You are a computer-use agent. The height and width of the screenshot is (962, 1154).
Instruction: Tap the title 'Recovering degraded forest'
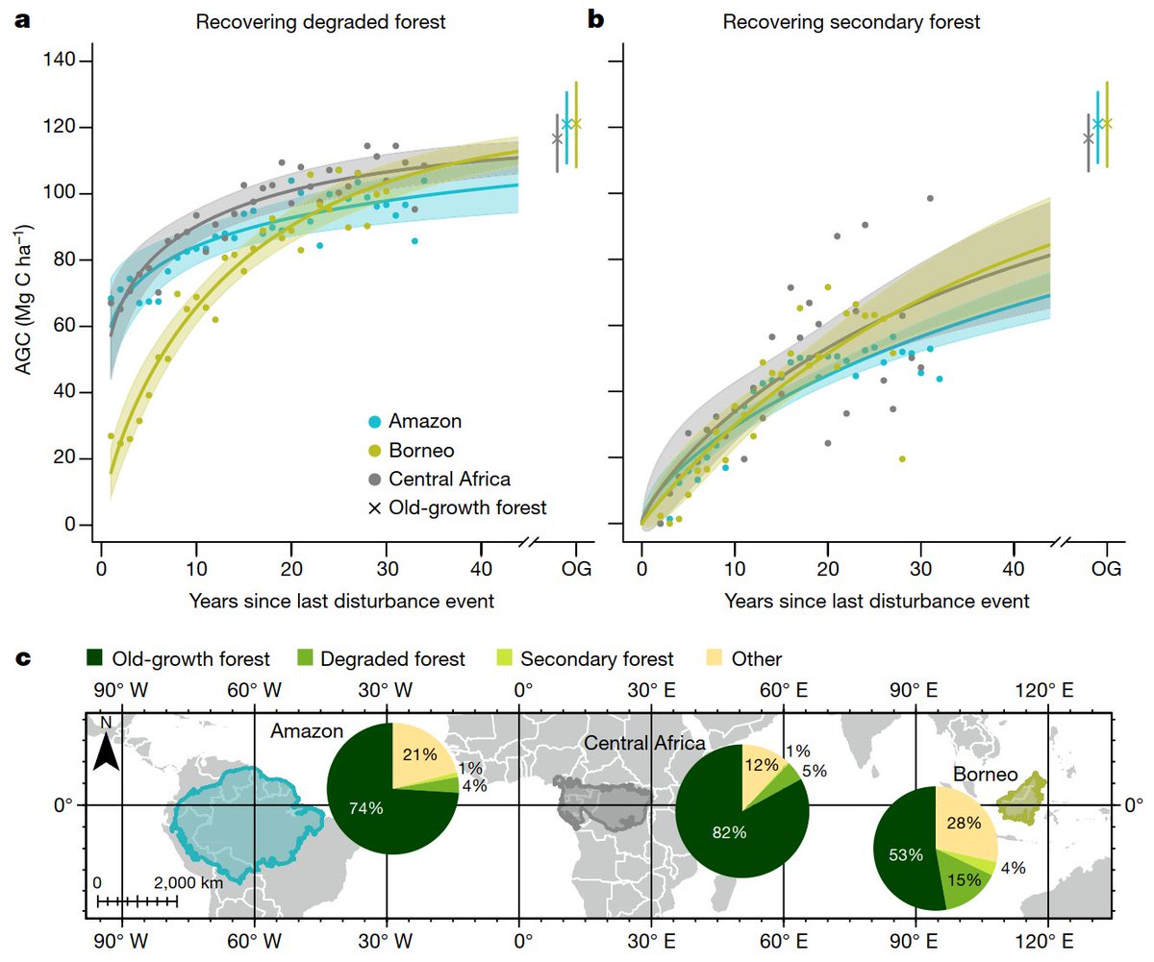click(x=320, y=21)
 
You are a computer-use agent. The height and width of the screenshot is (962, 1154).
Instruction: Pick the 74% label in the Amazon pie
click(x=365, y=808)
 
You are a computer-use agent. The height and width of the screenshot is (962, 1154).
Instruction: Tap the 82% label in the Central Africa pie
click(x=728, y=832)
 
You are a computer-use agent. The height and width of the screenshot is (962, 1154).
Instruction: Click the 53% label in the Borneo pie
click(x=905, y=854)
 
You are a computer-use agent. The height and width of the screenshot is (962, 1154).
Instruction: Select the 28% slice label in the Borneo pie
click(x=963, y=823)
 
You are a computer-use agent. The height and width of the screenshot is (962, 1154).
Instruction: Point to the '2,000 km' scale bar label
click(x=188, y=882)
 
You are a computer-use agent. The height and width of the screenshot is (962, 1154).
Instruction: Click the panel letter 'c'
click(x=25, y=658)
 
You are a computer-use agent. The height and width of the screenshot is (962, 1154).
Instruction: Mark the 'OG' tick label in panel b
click(x=1107, y=572)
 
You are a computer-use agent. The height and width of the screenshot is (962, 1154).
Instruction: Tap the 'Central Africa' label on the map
click(x=645, y=743)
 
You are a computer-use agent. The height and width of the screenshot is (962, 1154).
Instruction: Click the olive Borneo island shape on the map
click(x=1021, y=797)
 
